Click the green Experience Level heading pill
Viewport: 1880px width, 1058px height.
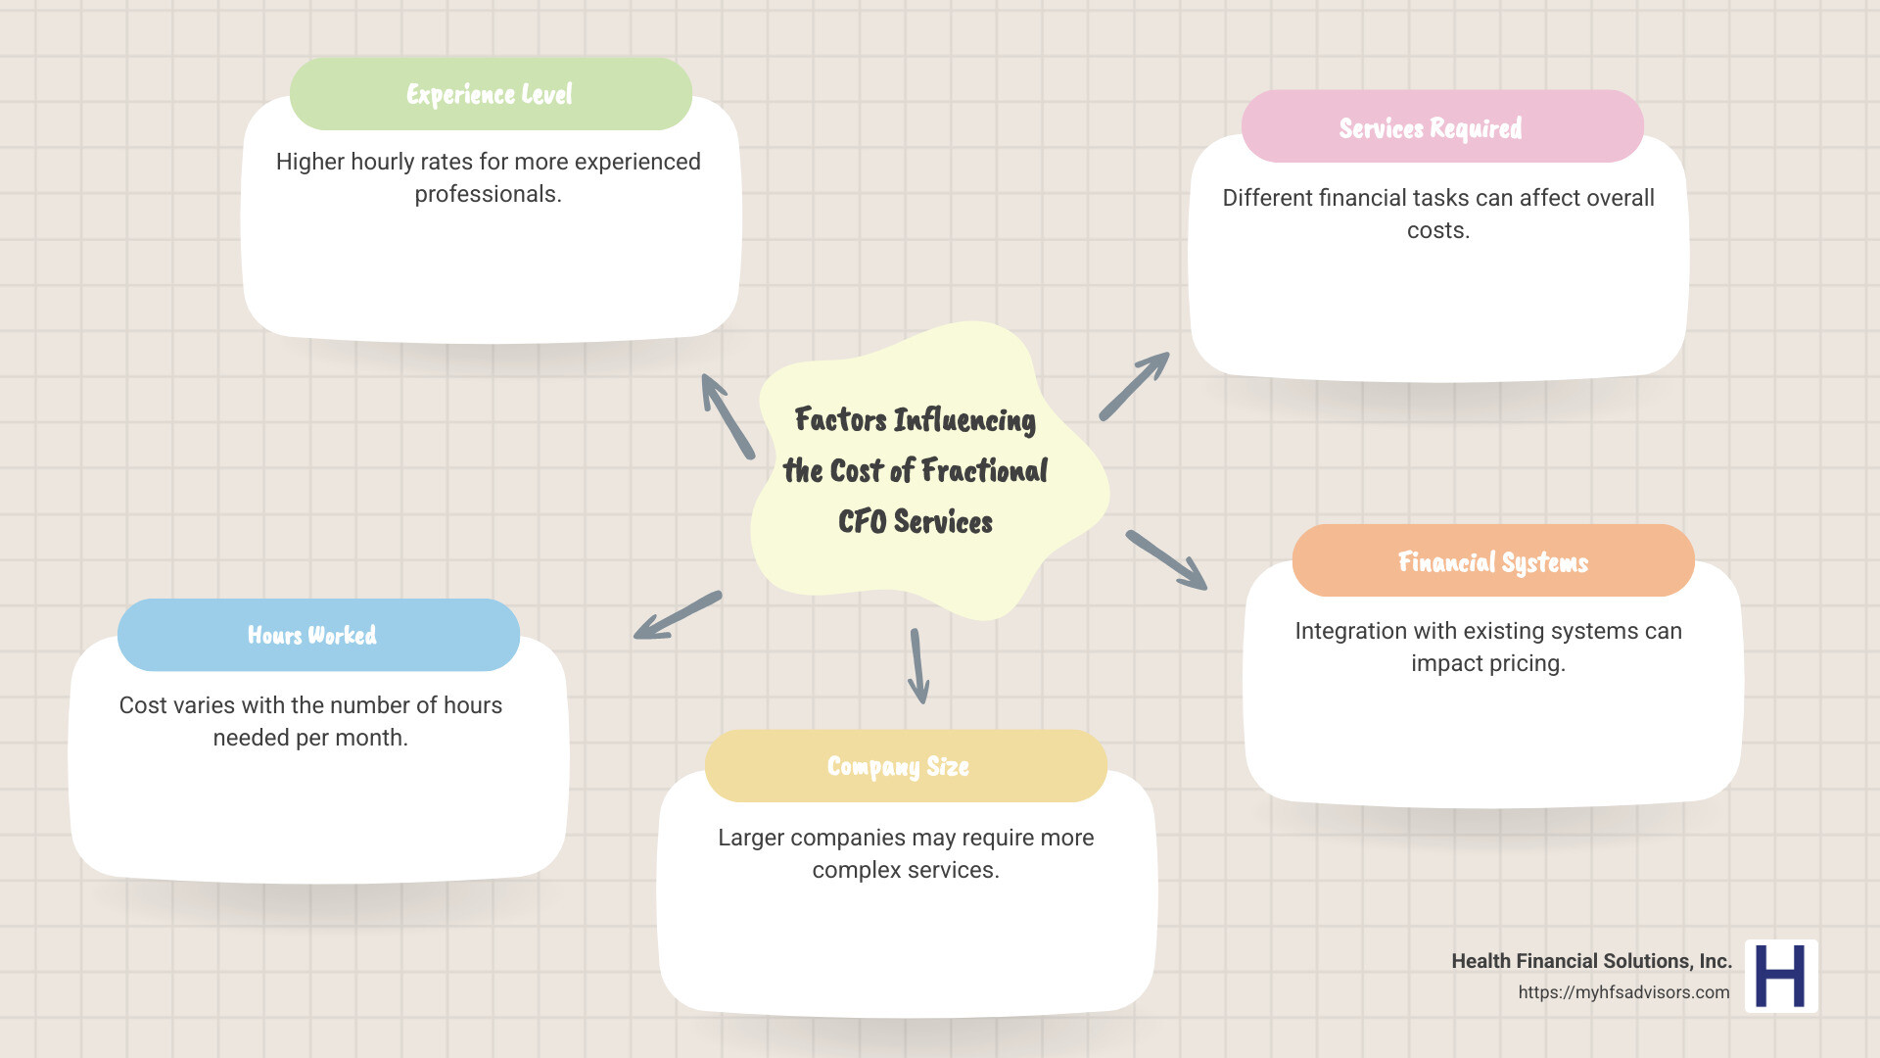tap(491, 94)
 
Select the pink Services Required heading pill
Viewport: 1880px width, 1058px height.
tap(1441, 127)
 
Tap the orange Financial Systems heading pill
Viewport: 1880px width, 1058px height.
tap(1492, 561)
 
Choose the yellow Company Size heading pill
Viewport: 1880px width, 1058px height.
tap(905, 766)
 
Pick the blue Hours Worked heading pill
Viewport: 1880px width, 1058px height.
tap(317, 635)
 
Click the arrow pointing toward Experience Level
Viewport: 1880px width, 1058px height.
tap(728, 416)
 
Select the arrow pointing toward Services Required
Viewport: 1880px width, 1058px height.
tap(1134, 387)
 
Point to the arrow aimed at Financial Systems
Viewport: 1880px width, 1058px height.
tap(1166, 560)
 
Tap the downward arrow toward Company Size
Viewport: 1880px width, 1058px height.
tap(917, 666)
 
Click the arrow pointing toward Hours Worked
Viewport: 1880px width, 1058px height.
tap(678, 615)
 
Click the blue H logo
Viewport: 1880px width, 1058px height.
tap(1780, 976)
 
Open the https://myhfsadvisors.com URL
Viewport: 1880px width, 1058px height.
tap(1623, 992)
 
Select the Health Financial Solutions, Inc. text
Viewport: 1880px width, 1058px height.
tap(1591, 961)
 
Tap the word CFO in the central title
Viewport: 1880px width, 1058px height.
tap(862, 522)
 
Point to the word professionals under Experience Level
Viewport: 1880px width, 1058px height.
tap(487, 194)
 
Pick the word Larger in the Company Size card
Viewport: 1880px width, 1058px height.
tap(750, 838)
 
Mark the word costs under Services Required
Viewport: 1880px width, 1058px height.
tap(1436, 231)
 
